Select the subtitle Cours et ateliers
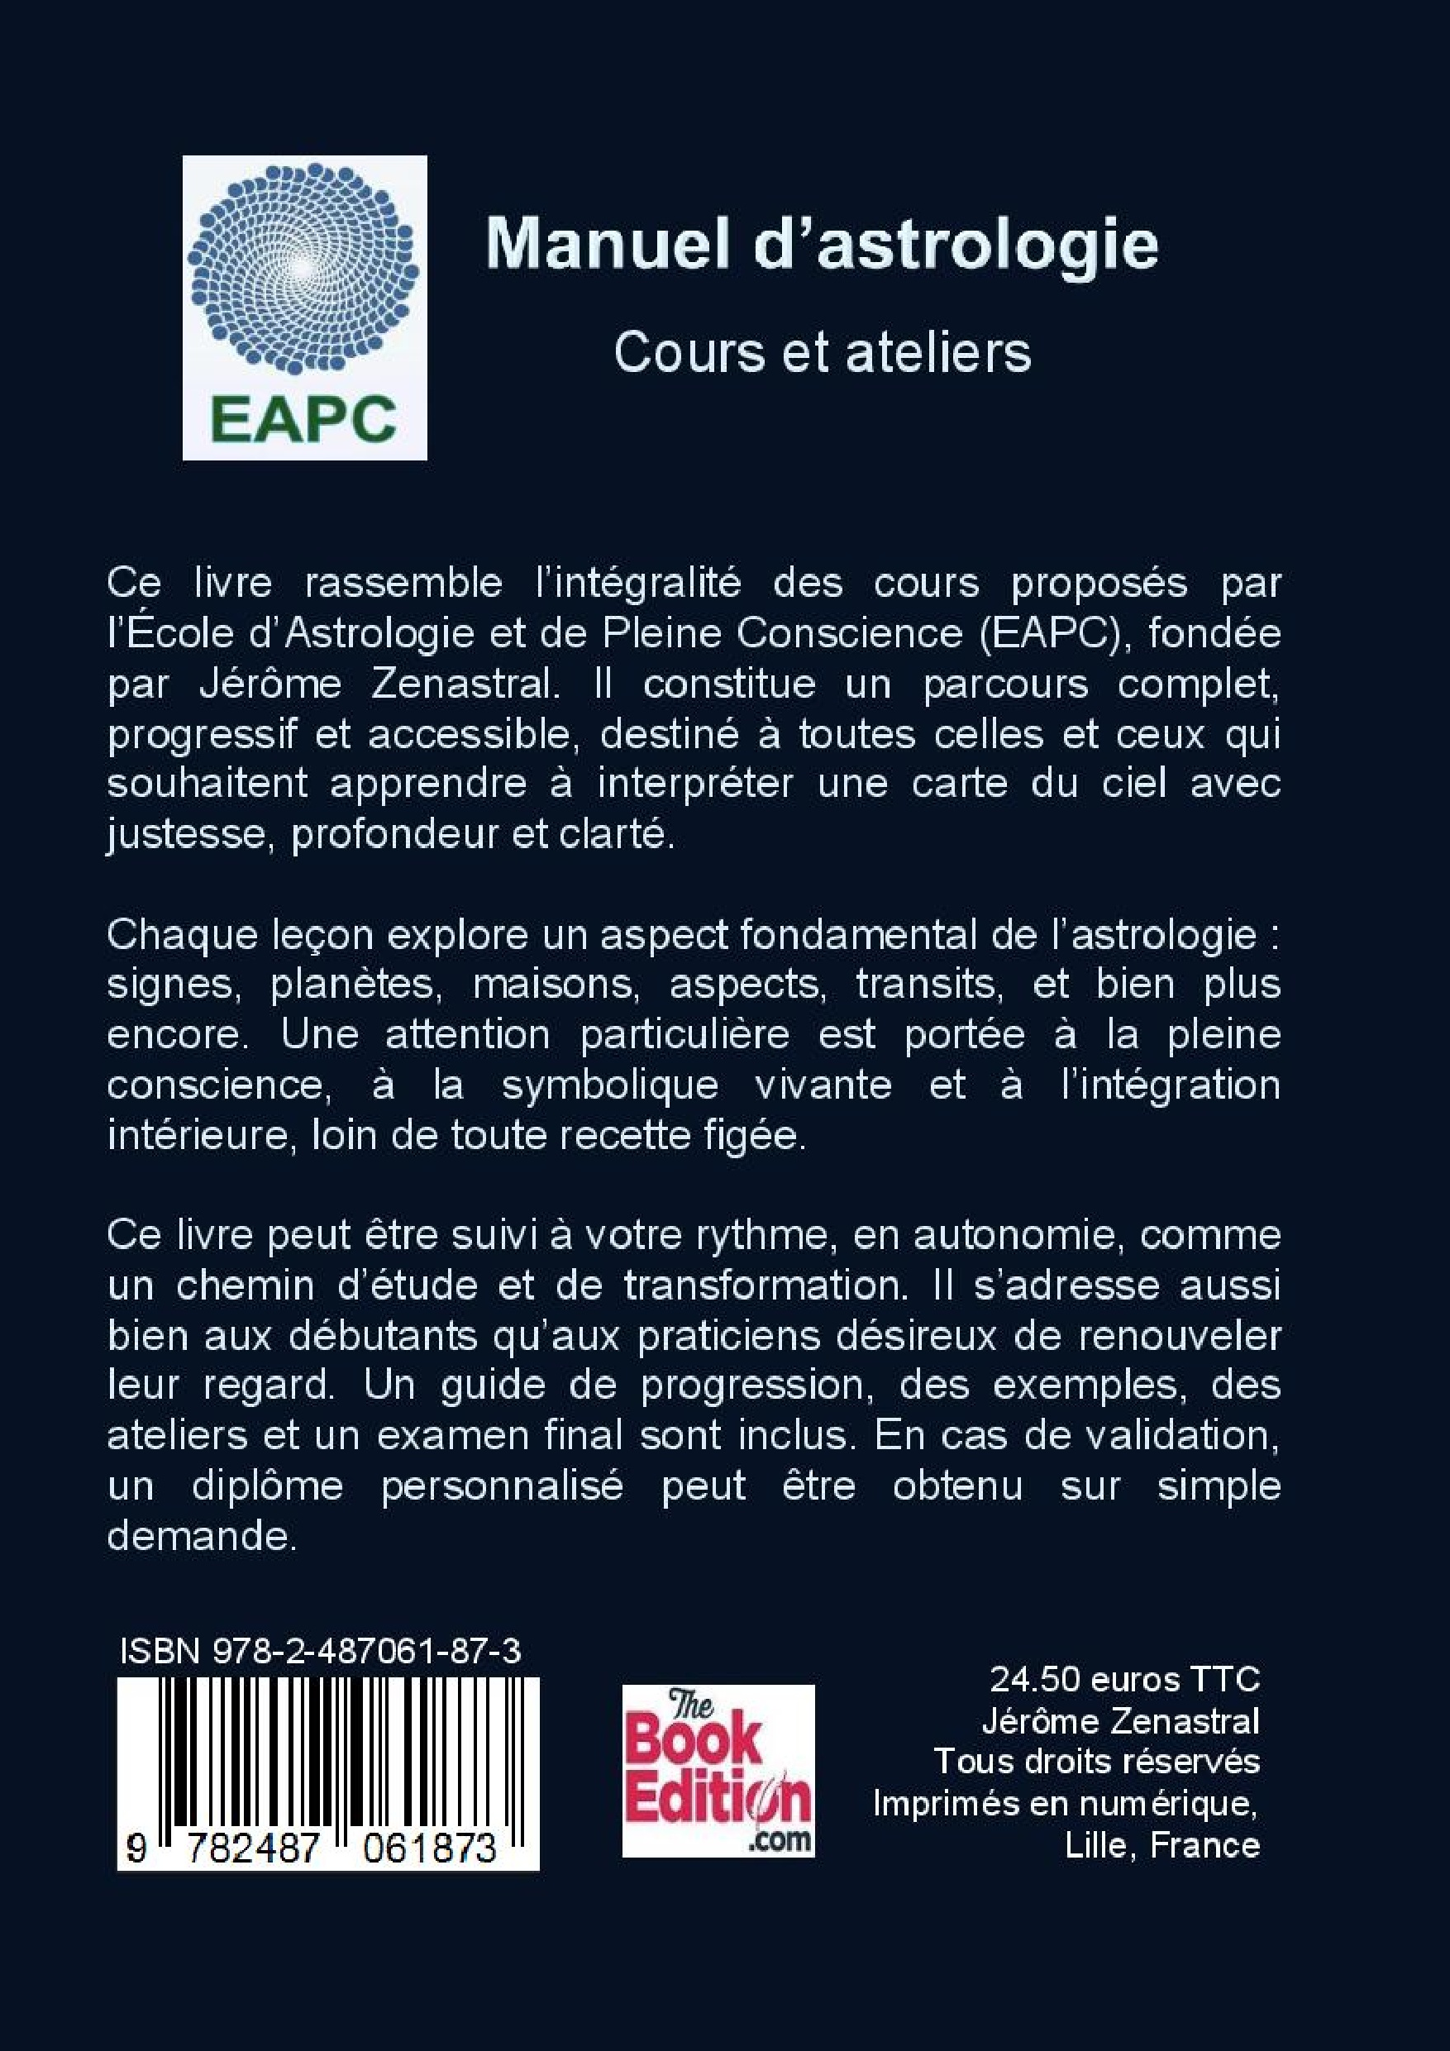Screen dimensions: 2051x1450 pyautogui.click(x=822, y=353)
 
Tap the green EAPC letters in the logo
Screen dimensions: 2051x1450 pyautogui.click(x=303, y=419)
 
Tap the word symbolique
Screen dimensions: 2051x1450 pyautogui.click(x=610, y=1085)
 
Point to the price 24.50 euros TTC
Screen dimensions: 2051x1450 pyautogui.click(x=1124, y=1679)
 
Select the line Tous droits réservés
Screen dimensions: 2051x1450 pyautogui.click(x=1096, y=1762)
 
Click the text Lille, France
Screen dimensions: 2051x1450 pyautogui.click(x=1162, y=1844)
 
